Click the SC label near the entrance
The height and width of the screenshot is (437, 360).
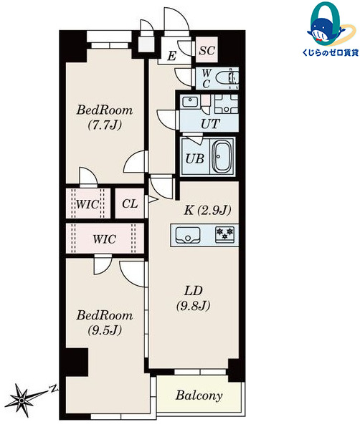[207, 50]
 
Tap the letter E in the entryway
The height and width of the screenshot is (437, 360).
[172, 56]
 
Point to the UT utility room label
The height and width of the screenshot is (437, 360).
[209, 124]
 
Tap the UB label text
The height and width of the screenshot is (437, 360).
[194, 159]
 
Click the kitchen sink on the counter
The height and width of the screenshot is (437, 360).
[189, 234]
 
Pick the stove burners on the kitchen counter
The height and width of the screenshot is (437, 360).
[226, 234]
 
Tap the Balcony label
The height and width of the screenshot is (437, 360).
[199, 395]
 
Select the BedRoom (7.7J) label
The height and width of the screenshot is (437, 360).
[105, 119]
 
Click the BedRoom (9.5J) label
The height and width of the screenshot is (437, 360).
[105, 322]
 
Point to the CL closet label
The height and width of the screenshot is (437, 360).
[130, 203]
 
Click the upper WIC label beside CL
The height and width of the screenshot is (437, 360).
[90, 203]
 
